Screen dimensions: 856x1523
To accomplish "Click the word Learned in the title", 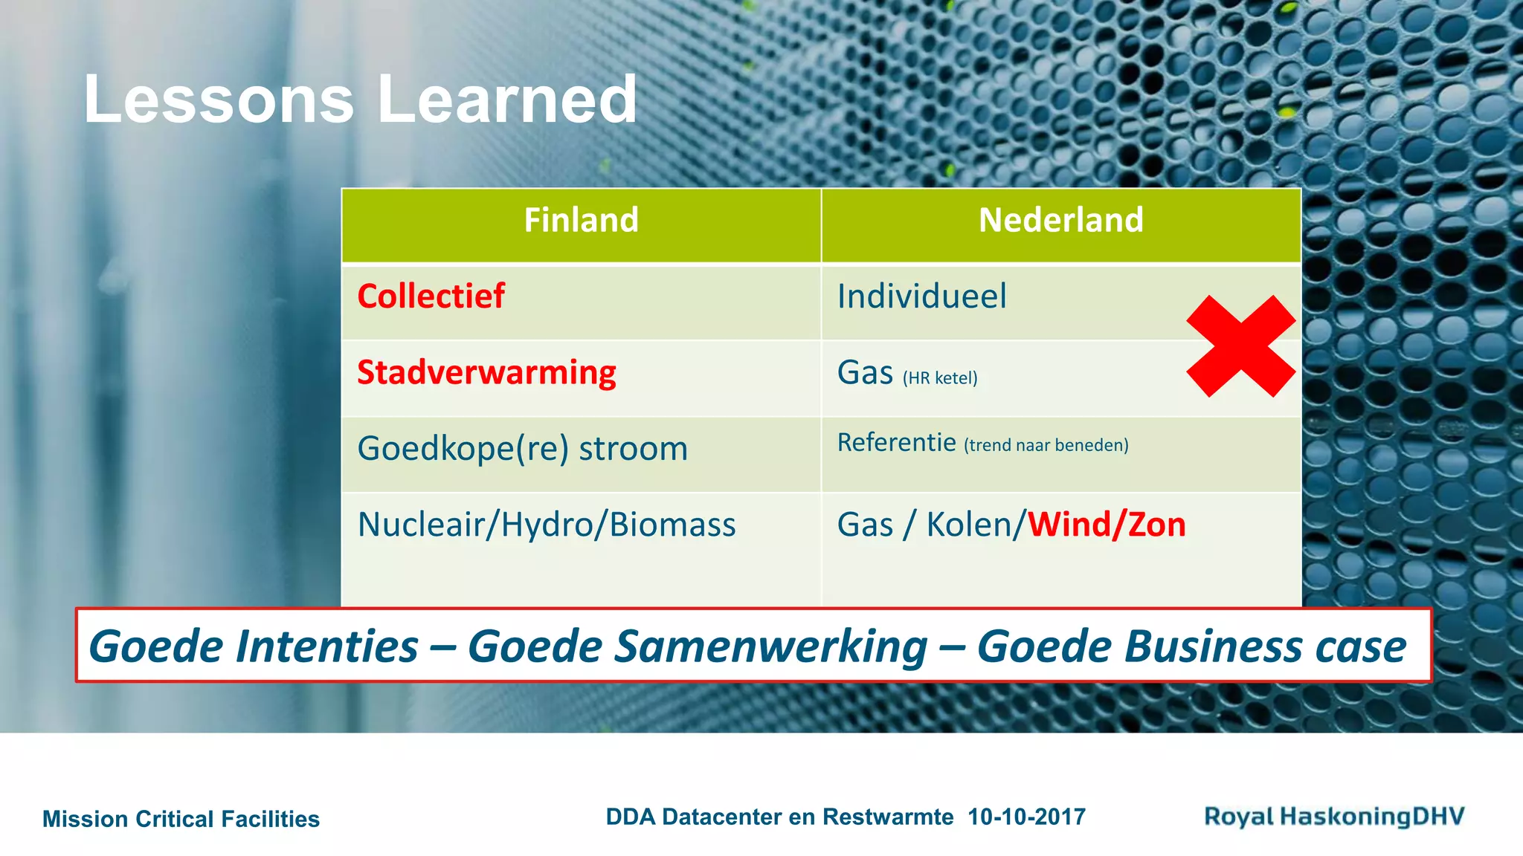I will [x=507, y=100].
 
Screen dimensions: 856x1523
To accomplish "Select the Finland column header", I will [x=581, y=221].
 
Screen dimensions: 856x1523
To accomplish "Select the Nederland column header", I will [x=1060, y=221].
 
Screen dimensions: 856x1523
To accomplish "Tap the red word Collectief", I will [x=431, y=296].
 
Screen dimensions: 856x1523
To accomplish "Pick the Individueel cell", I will [x=921, y=296].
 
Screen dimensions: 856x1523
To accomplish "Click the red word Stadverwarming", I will [x=486, y=373].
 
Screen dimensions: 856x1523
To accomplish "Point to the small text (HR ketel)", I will [x=940, y=378].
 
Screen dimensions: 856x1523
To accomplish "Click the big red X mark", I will [x=1240, y=346].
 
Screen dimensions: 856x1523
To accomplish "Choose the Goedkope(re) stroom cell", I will [x=522, y=449].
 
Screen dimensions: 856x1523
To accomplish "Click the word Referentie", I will [x=896, y=443].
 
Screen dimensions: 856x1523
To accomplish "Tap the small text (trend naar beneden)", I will [x=1046, y=445].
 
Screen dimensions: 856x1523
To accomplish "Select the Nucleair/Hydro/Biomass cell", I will [x=547, y=525].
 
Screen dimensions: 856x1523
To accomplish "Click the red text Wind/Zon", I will [x=1107, y=525].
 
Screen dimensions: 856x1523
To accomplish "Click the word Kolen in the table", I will [x=969, y=525].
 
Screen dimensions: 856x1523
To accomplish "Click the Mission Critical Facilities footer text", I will [x=181, y=819].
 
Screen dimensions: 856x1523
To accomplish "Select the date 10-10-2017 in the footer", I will [x=1026, y=817].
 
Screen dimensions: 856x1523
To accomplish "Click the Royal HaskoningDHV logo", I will [x=1334, y=817].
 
